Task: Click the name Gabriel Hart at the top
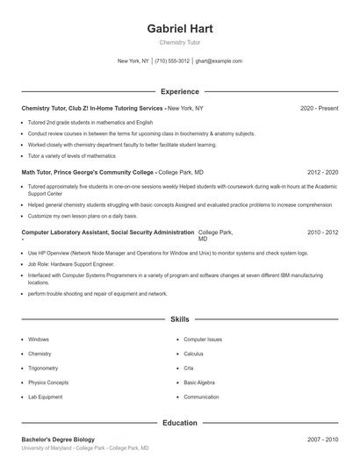(x=180, y=28)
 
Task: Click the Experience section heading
(x=180, y=91)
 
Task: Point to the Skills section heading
(x=180, y=321)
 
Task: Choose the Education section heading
(x=180, y=423)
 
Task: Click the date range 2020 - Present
(x=319, y=108)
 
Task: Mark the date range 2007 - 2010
(x=323, y=439)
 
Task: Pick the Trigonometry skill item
(x=44, y=368)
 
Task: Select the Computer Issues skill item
(x=203, y=339)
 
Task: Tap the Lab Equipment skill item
(x=46, y=397)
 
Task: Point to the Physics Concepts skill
(x=48, y=383)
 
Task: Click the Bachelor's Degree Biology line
(x=58, y=439)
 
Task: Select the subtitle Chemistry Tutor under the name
(x=180, y=42)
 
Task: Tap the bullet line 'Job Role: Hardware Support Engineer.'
(x=71, y=262)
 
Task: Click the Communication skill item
(x=202, y=397)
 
